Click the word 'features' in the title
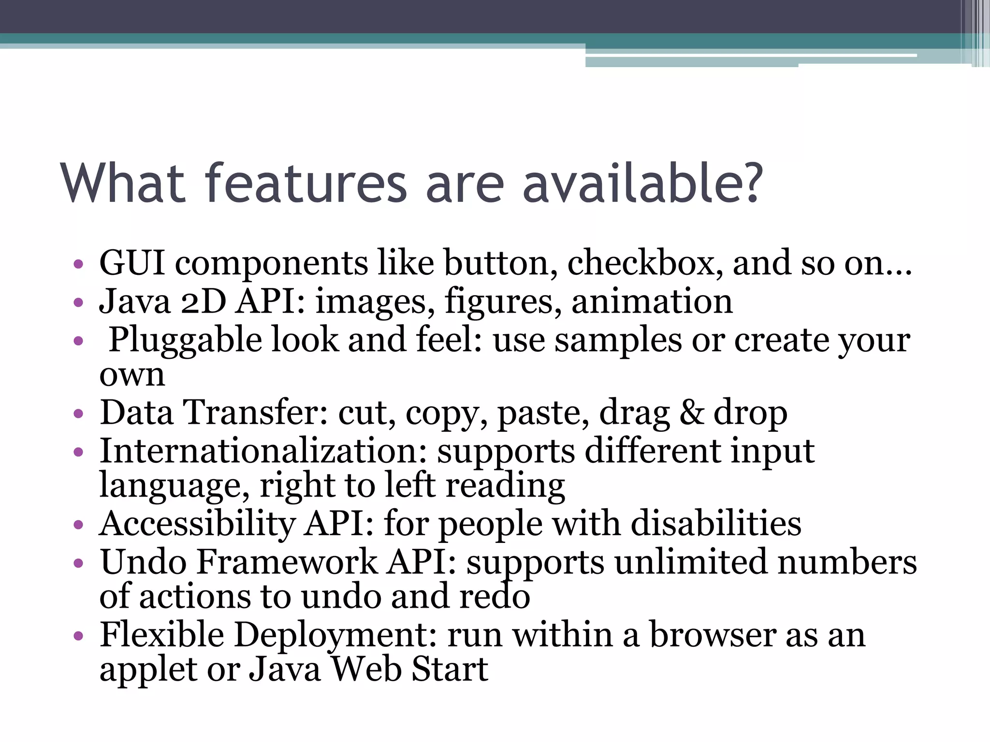306,184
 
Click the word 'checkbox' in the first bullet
644,263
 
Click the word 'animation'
652,301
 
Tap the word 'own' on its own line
132,375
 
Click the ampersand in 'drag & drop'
692,413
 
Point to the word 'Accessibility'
197,524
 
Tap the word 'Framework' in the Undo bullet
287,562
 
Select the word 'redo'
495,596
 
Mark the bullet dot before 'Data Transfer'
78,414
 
